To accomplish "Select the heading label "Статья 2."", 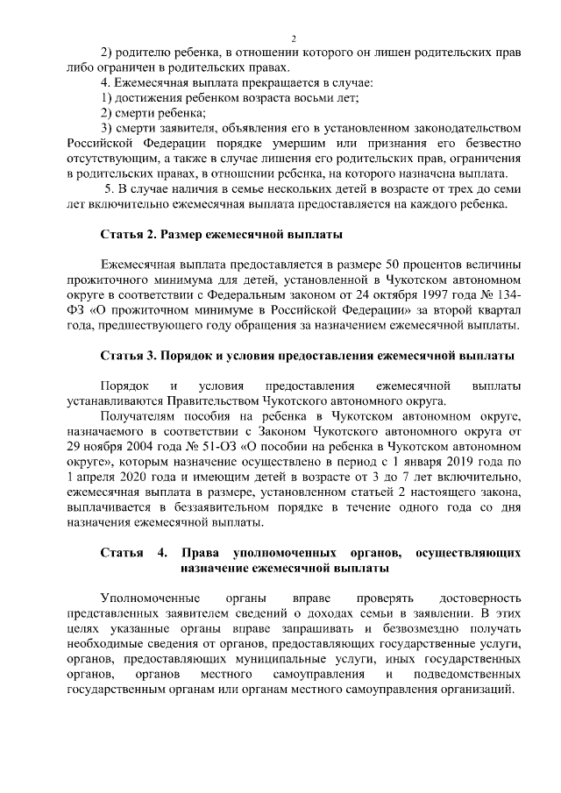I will coord(128,235).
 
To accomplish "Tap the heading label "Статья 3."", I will coord(128,355).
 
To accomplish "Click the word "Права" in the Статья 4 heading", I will coord(201,553).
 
